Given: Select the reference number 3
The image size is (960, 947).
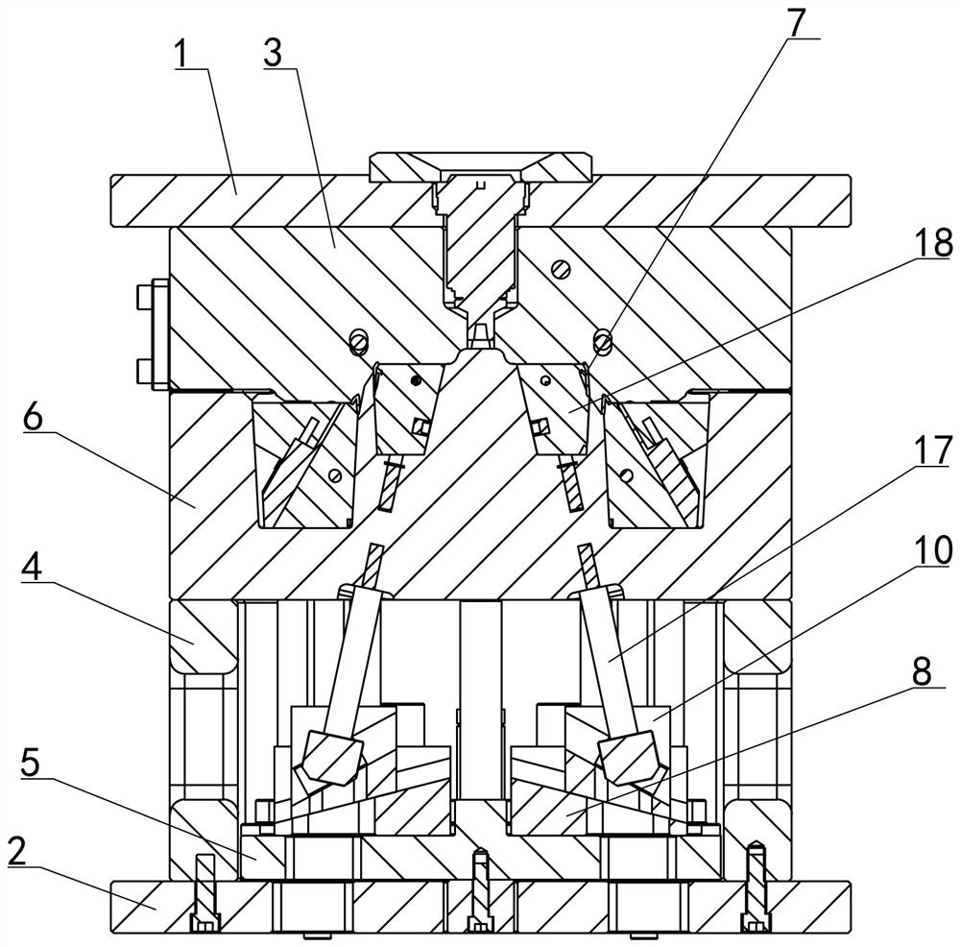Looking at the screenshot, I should pos(274,54).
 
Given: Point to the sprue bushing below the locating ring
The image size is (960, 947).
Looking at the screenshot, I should pos(478,240).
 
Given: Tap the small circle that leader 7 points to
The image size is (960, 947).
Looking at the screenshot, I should pos(602,339).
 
